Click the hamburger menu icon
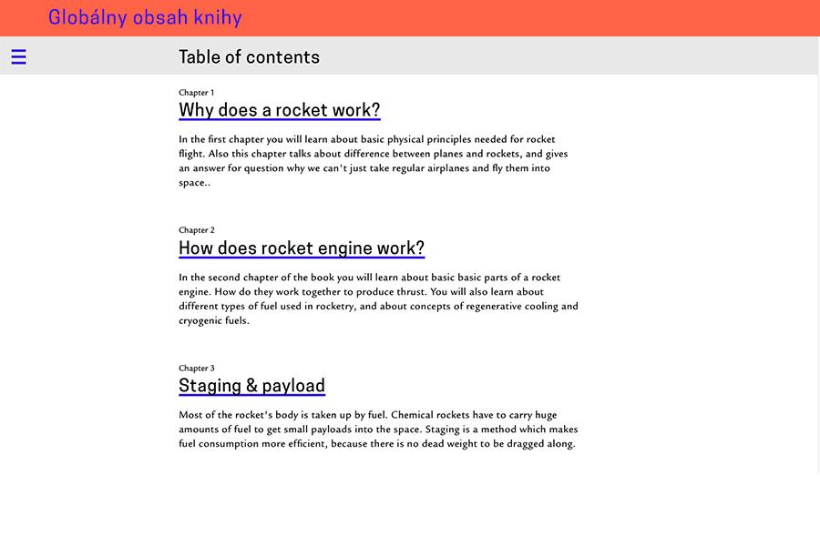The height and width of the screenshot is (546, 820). point(18,56)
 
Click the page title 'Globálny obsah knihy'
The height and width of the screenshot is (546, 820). point(145,17)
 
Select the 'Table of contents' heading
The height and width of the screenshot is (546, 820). point(249,56)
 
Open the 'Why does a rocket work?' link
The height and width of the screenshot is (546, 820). point(279,110)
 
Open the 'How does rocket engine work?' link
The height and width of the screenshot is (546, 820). point(302,248)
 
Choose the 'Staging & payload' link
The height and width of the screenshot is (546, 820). point(251,385)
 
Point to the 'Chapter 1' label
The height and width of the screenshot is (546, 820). point(196,92)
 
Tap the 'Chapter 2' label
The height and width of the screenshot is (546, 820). point(196,230)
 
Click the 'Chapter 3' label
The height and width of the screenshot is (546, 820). point(196,369)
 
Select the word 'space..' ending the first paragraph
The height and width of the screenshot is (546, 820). point(194,183)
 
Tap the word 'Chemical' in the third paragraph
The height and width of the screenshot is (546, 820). point(413,415)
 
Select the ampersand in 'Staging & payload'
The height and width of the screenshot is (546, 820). point(251,385)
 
